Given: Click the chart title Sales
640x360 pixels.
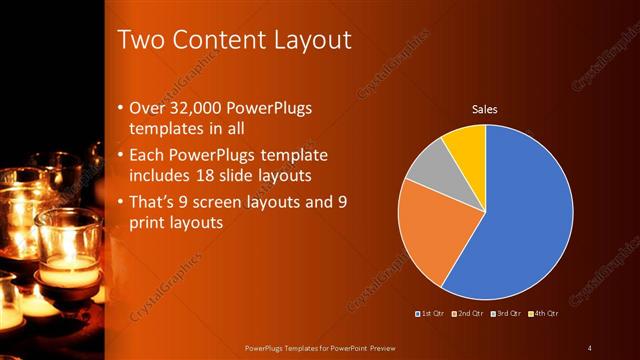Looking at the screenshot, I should [x=485, y=109].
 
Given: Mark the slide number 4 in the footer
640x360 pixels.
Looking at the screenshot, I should [x=590, y=348].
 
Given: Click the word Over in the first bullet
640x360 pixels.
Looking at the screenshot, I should [x=147, y=108].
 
